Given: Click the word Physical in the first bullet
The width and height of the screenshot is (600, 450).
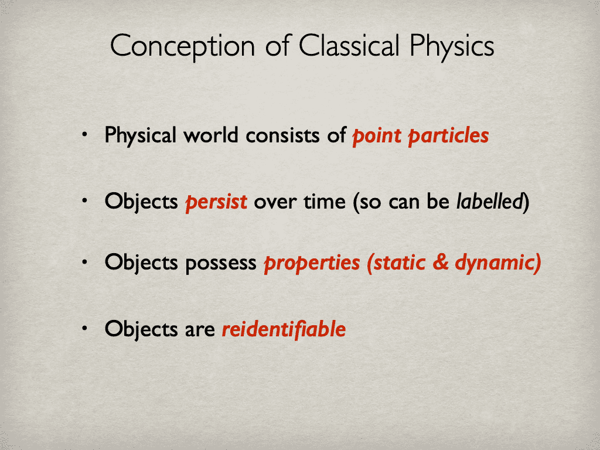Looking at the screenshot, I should pyautogui.click(x=140, y=136).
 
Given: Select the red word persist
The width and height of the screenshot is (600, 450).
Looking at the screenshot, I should pyautogui.click(x=216, y=202).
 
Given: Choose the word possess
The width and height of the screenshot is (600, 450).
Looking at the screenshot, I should pyautogui.click(x=221, y=264).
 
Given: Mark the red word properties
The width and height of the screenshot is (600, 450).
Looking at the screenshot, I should pyautogui.click(x=312, y=264).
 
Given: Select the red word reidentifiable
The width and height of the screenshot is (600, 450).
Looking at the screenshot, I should pyautogui.click(x=284, y=329).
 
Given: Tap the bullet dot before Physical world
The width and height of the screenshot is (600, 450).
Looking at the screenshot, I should pyautogui.click(x=85, y=135).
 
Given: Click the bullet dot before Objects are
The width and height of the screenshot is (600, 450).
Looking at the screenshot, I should pyautogui.click(x=85, y=328).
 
